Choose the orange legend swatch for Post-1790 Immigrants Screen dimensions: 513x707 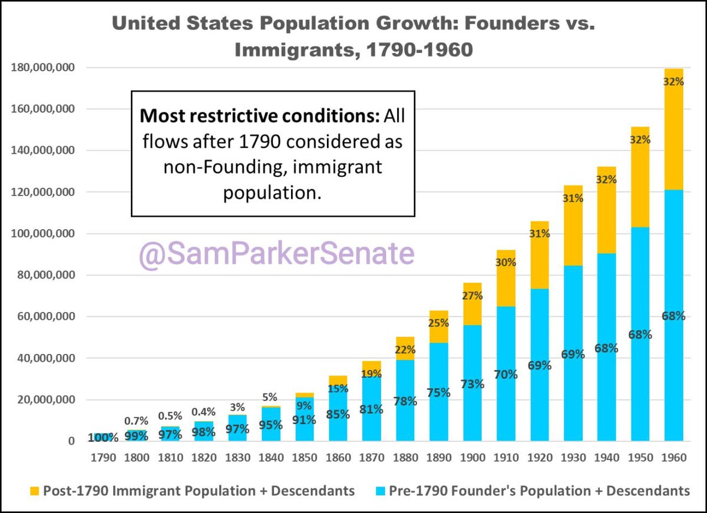pyautogui.click(x=34, y=491)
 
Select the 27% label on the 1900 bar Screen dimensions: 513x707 pyautogui.click(x=472, y=296)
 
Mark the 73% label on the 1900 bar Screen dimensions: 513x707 pyautogui.click(x=472, y=384)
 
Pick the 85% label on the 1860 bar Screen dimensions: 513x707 pyautogui.click(x=338, y=414)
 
